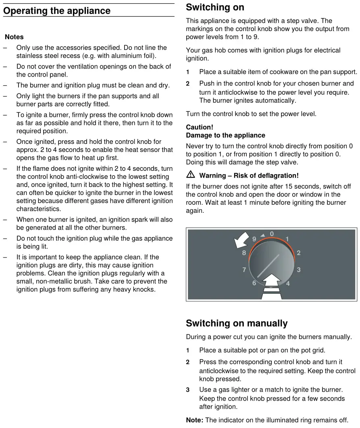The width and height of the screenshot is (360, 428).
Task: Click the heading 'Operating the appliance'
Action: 57,11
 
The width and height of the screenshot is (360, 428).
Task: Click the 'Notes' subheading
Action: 14,37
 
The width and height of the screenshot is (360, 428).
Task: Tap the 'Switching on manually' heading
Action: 237,323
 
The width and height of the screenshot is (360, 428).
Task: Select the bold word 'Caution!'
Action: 200,127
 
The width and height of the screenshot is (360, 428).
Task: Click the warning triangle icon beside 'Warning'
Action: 191,175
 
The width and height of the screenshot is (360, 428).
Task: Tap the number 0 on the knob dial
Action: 272,234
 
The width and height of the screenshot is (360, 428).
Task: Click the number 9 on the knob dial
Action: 254,239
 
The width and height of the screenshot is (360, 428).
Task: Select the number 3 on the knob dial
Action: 298,270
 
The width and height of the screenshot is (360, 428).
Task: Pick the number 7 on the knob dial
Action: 244,270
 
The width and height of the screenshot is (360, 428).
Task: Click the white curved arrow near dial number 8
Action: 241,241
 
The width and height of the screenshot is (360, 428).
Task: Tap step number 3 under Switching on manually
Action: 188,390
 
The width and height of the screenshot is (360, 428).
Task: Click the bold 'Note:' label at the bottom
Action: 195,420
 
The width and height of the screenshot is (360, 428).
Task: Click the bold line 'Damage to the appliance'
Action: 225,135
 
